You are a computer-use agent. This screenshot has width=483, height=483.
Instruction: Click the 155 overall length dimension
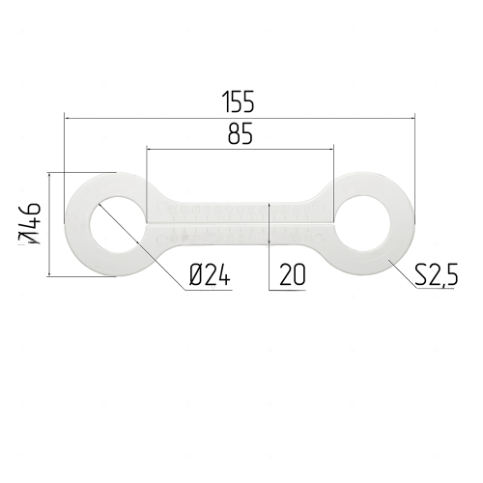click(239, 101)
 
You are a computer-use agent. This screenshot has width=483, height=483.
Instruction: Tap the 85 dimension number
click(241, 133)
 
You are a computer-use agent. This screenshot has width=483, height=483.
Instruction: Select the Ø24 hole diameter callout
click(210, 274)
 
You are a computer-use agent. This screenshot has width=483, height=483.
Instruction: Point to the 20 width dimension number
click(292, 274)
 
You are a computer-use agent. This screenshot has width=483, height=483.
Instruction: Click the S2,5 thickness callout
click(436, 274)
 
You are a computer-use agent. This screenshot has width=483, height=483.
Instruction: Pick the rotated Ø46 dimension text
click(31, 223)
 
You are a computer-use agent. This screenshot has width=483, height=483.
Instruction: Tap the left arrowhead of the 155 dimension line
click(67, 119)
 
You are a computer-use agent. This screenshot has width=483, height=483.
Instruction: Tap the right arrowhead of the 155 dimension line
click(412, 119)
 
